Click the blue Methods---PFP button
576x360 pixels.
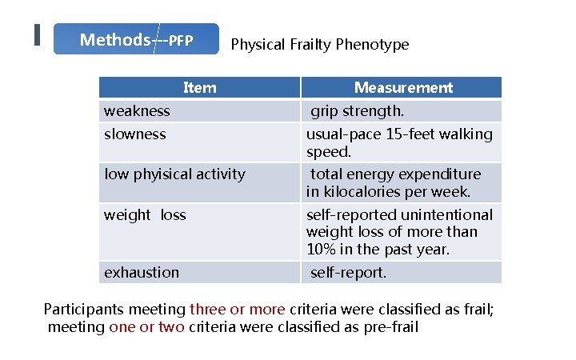pos(136,39)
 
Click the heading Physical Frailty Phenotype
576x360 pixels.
pos(319,45)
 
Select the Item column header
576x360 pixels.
pos(199,88)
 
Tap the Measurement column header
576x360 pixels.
pos(403,88)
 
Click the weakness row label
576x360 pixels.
pos(137,111)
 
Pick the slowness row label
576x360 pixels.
pos(135,134)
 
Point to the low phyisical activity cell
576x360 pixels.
pos(174,174)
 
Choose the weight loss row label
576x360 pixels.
pos(145,215)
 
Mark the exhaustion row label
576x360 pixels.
pos(142,273)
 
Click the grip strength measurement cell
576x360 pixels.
pos(357,111)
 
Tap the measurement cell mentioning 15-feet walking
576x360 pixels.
pos(399,142)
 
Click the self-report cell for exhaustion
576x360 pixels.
pos(348,273)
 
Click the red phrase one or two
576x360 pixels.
pos(146,327)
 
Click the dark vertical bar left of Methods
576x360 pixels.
pos(37,36)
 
